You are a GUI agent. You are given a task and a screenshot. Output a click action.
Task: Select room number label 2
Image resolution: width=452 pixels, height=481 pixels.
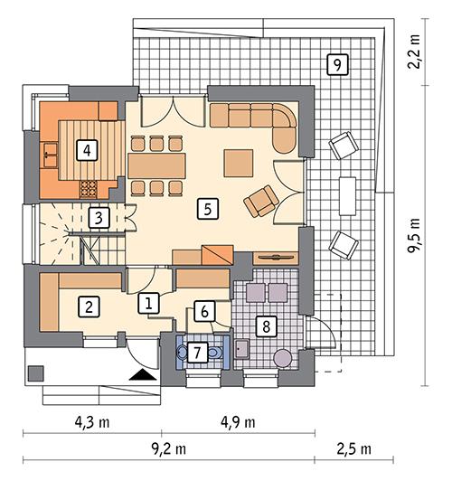click(x=89, y=306)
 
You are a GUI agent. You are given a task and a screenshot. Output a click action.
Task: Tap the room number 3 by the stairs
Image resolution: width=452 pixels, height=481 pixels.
click(x=99, y=218)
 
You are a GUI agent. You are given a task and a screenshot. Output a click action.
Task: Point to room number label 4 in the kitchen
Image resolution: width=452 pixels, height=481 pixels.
click(x=86, y=149)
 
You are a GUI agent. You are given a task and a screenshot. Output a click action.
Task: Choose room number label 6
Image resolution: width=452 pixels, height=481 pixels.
click(x=205, y=312)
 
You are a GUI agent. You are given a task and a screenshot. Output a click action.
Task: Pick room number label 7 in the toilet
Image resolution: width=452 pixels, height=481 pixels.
click(x=197, y=351)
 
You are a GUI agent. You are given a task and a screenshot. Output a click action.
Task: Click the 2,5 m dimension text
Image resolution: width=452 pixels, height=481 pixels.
click(x=362, y=449)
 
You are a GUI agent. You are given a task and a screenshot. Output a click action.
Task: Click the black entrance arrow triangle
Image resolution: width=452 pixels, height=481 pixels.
click(x=140, y=373)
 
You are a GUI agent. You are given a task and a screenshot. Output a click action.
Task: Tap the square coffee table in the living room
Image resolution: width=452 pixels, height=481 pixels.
click(x=240, y=163)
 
